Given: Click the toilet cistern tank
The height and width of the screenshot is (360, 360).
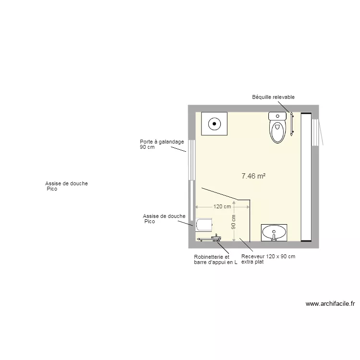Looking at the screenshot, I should coord(277,116).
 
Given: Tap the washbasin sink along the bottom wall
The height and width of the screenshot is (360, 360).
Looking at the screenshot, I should coord(274,233).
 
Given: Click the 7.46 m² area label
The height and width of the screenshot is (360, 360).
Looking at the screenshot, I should coord(254,176).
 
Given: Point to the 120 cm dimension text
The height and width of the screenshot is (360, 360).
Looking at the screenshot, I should coord(222,207).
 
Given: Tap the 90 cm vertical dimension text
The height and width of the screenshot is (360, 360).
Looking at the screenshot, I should coord(234,221).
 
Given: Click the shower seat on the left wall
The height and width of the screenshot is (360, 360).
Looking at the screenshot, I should coord(204,224).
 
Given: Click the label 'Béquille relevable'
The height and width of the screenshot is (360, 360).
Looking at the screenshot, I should coord(273,97).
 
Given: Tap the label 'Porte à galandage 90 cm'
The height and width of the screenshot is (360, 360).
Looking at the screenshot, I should coord(155,144).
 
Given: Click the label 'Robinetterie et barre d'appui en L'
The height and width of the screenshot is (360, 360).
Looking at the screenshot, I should coord(215,260).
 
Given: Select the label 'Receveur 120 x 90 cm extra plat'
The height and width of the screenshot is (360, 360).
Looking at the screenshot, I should coord(268,259).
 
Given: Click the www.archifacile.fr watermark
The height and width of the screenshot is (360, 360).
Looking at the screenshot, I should coord(330,303).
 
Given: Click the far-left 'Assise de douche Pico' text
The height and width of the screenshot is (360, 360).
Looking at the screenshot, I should coord(66,186).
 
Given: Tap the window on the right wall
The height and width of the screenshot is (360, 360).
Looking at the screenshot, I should coord(315,132).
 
